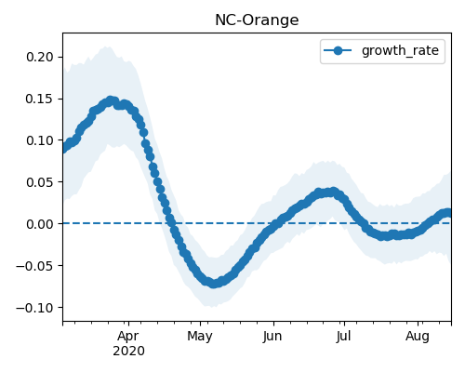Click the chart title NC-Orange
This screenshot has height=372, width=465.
[x=257, y=20]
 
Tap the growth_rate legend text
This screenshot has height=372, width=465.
[x=400, y=50]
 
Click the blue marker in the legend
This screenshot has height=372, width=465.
[x=338, y=50]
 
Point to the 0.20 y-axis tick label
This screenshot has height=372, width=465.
[x=40, y=57]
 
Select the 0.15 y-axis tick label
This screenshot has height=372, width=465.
[x=40, y=99]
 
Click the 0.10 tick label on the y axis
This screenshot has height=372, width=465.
[x=40, y=140]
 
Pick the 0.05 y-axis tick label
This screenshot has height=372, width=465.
[x=40, y=182]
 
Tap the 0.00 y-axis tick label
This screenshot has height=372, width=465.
[x=40, y=224]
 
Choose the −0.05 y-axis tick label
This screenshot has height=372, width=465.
[x=34, y=266]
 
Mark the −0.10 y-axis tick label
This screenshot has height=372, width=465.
[x=34, y=308]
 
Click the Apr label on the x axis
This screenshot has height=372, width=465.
[x=128, y=336]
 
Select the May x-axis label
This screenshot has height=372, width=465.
[x=200, y=337]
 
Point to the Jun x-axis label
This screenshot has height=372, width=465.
[x=272, y=336]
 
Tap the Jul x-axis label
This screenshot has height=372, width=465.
[x=344, y=336]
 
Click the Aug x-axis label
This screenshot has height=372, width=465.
[x=418, y=337]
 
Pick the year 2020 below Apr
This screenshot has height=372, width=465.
[x=128, y=351]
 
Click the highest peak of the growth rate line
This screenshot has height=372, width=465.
[x=111, y=100]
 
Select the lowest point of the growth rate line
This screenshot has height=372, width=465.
[x=214, y=283]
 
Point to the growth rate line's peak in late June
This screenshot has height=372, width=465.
[x=333, y=192]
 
